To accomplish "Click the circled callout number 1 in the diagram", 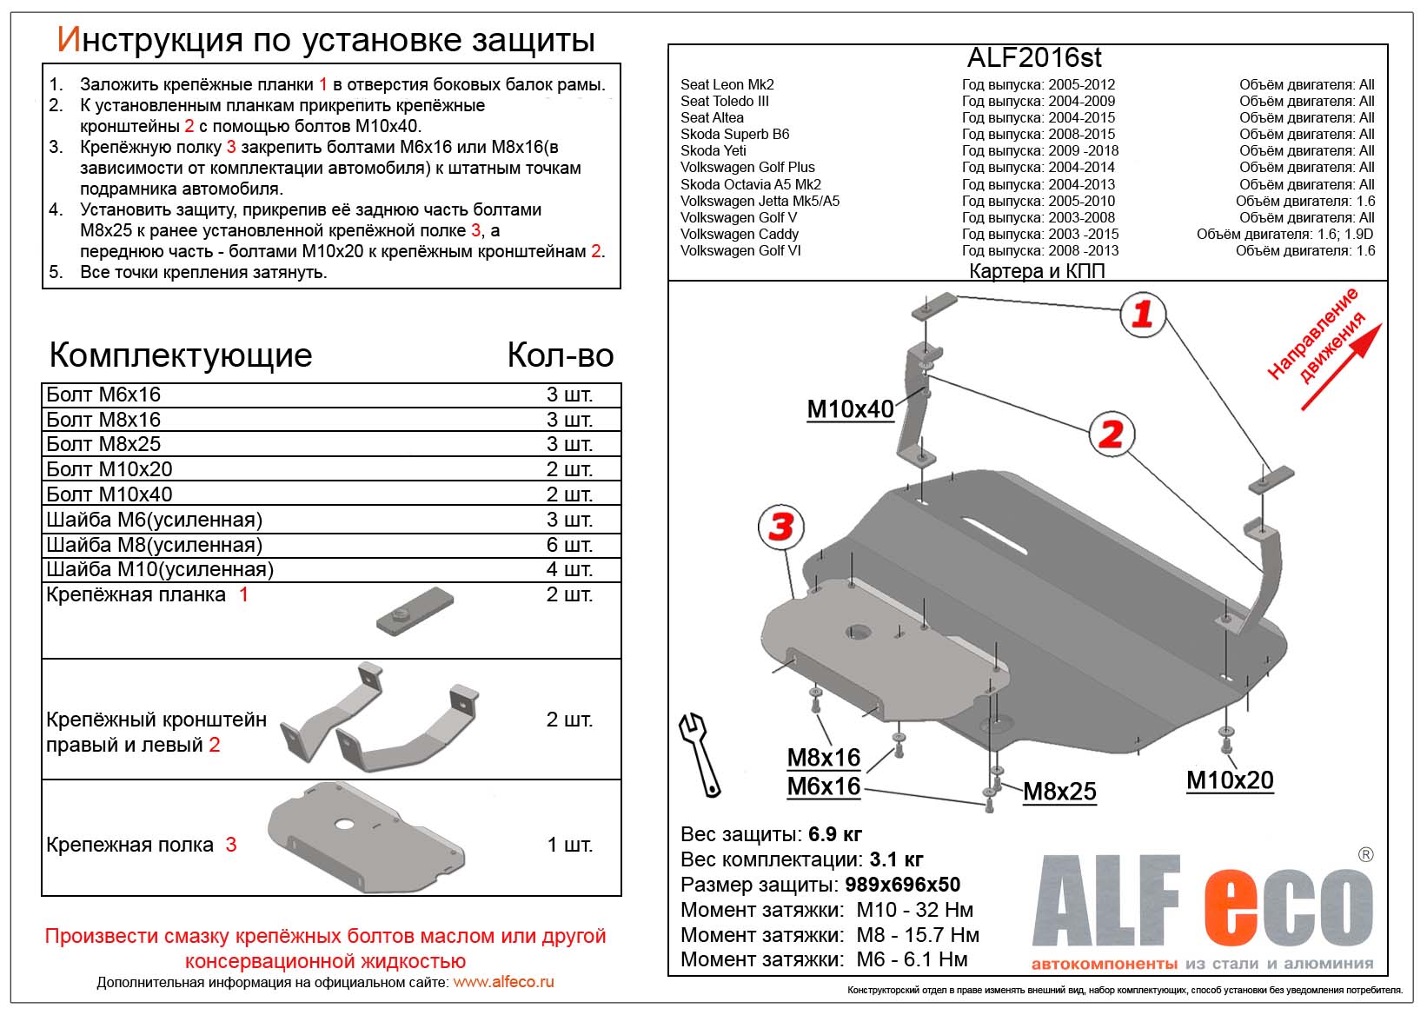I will (1142, 314).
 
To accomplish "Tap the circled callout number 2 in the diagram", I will (1112, 435).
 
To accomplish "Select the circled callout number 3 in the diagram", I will (780, 526).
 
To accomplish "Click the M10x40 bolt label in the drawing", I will (850, 409).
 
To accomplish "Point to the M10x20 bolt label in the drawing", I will (1230, 780).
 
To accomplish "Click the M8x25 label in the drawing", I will (1059, 792).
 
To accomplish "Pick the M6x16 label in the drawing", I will (823, 786).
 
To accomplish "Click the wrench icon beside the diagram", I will (700, 754).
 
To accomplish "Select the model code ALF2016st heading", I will (1034, 57).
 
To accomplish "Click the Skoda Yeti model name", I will (713, 150).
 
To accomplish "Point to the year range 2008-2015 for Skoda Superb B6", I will (1081, 134).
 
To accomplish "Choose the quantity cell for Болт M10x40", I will (569, 494).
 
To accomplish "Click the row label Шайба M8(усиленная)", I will (154, 545).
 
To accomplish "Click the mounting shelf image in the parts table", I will (367, 836).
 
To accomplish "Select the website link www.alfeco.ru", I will (503, 982).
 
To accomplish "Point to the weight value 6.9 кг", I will (835, 834).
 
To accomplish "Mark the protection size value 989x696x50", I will (902, 885).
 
